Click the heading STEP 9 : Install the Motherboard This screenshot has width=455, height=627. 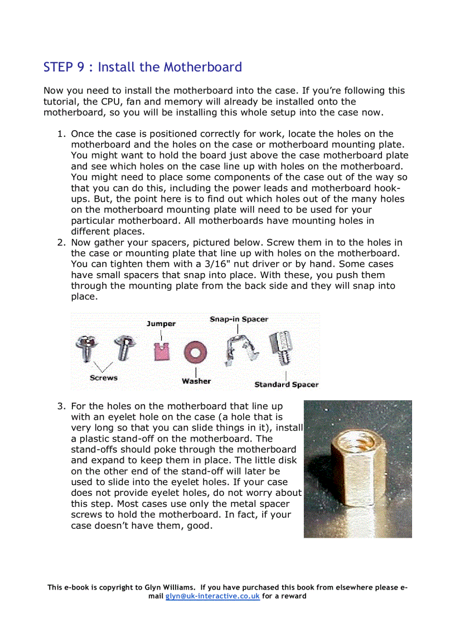(x=143, y=68)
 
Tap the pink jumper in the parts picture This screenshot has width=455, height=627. (x=161, y=351)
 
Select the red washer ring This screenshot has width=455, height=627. (x=196, y=352)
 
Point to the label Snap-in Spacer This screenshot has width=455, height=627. (x=239, y=319)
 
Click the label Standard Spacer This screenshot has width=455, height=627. (x=286, y=384)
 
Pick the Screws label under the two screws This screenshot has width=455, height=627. (x=104, y=377)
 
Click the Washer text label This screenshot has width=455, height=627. (x=196, y=381)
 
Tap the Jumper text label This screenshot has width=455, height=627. (x=161, y=323)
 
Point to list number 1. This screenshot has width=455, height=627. (x=61, y=134)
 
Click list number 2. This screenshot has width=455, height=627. (x=61, y=242)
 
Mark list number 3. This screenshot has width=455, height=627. (x=61, y=406)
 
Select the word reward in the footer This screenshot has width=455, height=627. (x=293, y=596)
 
